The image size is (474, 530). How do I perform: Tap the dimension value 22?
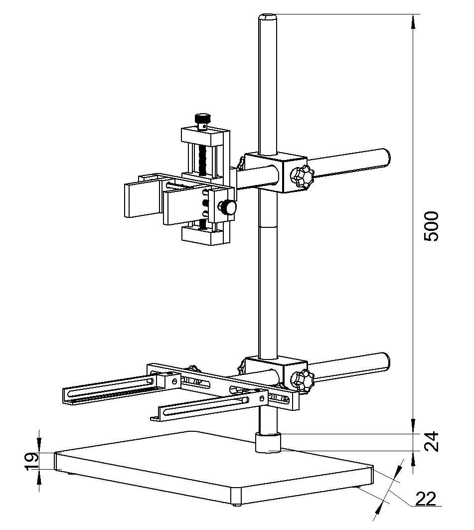click(x=424, y=499)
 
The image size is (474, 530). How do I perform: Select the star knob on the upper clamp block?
click(x=302, y=177)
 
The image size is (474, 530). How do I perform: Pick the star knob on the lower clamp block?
click(x=302, y=381)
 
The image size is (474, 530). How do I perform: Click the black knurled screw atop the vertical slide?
click(x=202, y=120)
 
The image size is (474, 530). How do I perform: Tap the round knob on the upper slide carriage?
click(x=229, y=207)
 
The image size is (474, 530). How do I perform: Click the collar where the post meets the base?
click(x=268, y=443)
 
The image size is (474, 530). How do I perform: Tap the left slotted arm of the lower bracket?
click(x=107, y=391)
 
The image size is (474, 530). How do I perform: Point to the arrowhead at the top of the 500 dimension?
click(x=413, y=20)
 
